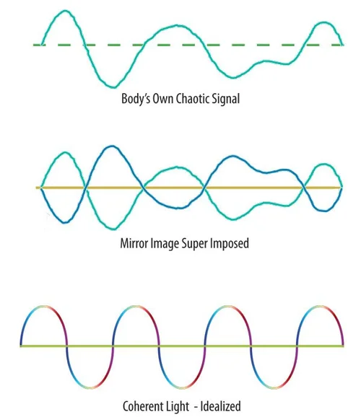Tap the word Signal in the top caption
click(x=226, y=99)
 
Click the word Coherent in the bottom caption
click(x=142, y=406)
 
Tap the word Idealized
click(x=220, y=406)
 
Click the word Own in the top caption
click(x=163, y=99)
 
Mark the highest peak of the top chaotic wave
click(x=65, y=11)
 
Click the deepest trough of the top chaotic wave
click(x=114, y=87)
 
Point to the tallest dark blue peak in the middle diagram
click(x=112, y=146)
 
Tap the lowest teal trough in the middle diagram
click(x=113, y=229)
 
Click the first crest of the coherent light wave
click(x=43, y=307)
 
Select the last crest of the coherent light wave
click(x=320, y=307)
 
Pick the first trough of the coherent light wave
click(x=90, y=387)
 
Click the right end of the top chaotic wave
click(x=342, y=45)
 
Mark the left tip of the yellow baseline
click(x=37, y=188)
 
